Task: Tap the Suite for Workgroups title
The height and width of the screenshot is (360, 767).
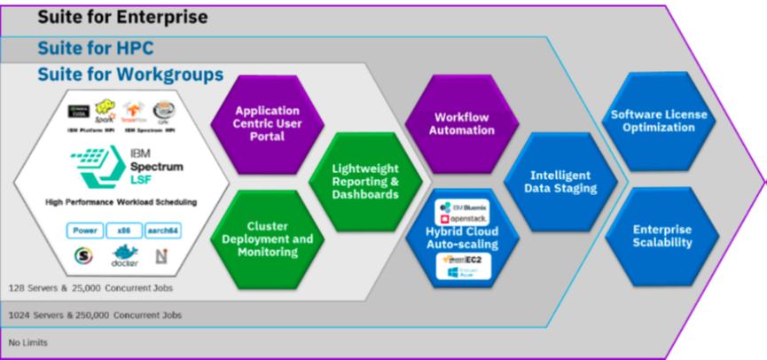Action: (x=130, y=75)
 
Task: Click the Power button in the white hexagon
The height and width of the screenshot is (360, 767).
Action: (x=86, y=230)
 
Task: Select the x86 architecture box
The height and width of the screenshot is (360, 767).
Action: (x=124, y=230)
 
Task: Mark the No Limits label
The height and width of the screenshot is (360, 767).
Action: (x=24, y=342)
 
